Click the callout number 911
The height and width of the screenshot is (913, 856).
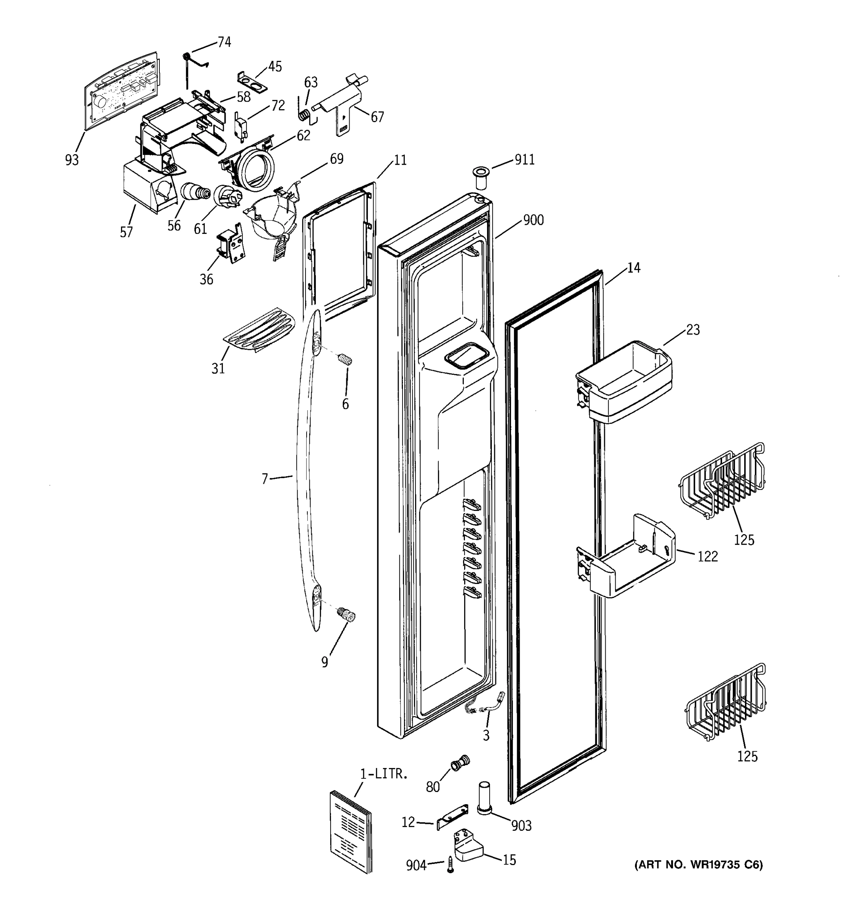pyautogui.click(x=524, y=159)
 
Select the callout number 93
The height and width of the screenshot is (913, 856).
pyautogui.click(x=72, y=160)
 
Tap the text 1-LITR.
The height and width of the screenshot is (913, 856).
pyautogui.click(x=383, y=774)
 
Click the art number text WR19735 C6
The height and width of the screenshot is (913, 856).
pyautogui.click(x=698, y=865)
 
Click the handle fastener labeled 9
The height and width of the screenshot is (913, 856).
pyautogui.click(x=347, y=616)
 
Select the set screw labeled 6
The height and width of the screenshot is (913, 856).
pyautogui.click(x=345, y=359)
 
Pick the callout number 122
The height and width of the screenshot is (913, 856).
pyautogui.click(x=707, y=556)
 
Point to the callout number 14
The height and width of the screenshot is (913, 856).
pyautogui.click(x=634, y=267)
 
